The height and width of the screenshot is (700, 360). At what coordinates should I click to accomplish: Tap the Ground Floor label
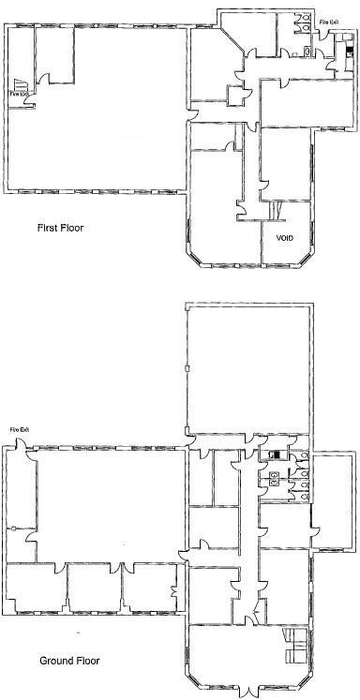69,661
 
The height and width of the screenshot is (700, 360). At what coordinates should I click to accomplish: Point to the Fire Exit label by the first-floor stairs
19,94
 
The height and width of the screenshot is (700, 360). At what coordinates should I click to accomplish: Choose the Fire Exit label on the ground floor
21,430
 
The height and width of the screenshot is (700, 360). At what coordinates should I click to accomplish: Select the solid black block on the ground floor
274,455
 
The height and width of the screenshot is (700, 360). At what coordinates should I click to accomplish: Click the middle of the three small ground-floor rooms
94,590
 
